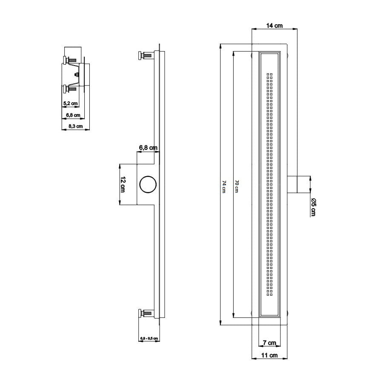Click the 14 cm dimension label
pos(274,26)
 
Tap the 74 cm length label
pos(224,187)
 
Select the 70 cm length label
pos(237,186)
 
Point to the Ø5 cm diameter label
pos(313,207)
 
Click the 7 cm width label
pos(269,343)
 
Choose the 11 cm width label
pos(269,355)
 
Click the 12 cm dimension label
pos(123,184)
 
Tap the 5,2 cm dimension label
pos(70,103)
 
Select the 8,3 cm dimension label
pos(75,126)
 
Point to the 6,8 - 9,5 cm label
pos(149,339)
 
